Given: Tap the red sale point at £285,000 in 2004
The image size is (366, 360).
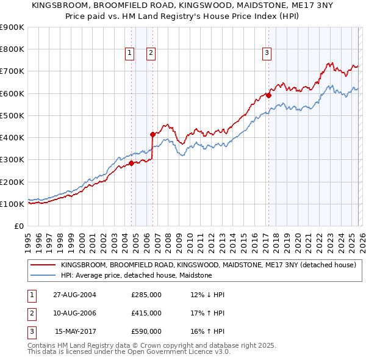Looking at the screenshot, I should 131,163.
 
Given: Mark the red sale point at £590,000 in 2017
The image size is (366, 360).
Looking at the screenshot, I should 268,95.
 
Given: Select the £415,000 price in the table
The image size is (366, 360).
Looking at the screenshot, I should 146,313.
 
